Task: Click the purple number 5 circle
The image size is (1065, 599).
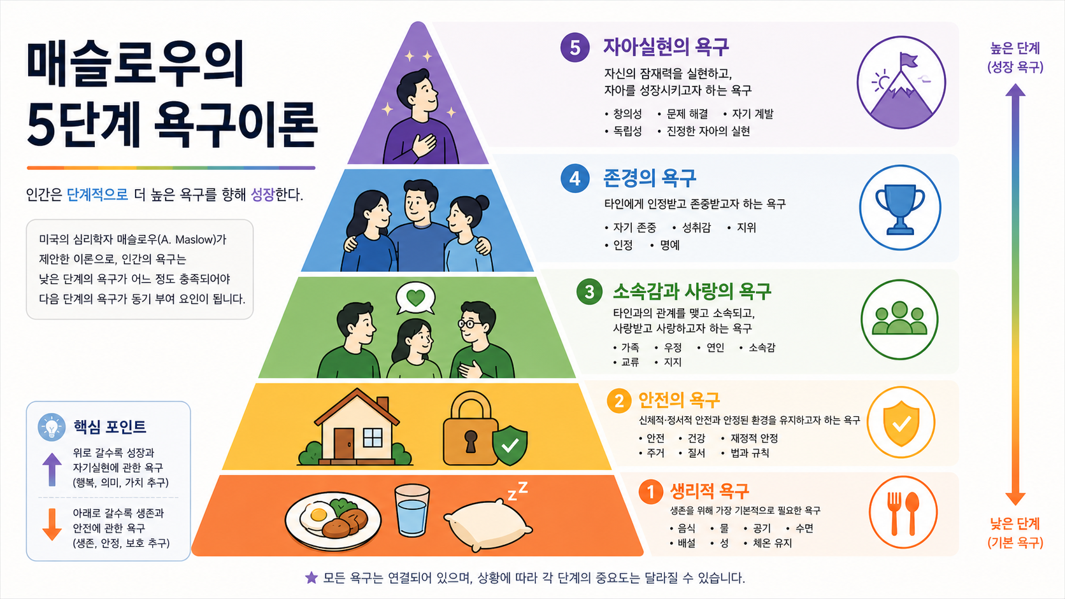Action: point(575,48)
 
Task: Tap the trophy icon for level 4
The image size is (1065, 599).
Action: point(900,209)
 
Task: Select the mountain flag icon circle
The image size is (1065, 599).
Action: point(901,83)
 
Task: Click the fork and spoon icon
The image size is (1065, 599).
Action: point(903,512)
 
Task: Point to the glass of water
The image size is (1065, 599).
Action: point(411,510)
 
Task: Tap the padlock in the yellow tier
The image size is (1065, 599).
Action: point(470,428)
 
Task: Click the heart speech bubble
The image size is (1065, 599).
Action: point(415,298)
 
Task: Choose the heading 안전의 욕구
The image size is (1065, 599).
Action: point(679,400)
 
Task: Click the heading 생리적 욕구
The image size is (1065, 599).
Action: point(710,491)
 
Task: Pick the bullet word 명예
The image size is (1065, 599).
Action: point(670,245)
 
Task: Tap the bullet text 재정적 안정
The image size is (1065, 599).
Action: point(754,438)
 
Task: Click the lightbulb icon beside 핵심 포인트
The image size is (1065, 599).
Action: point(52,427)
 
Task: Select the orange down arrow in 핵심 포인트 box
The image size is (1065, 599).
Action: point(52,525)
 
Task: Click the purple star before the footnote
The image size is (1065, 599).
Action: point(311,577)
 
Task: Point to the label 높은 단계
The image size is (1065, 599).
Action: point(1015,48)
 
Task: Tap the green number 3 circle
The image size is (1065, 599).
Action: point(590,291)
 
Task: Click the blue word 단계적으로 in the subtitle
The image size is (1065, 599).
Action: point(97,194)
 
